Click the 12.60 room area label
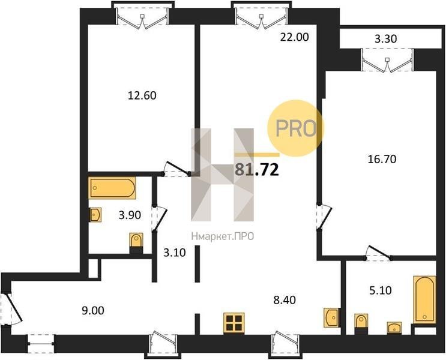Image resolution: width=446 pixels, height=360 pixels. click(142, 95)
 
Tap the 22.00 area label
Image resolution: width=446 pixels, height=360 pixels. click(294, 37)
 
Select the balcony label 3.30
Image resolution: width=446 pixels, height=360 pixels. click(386, 38)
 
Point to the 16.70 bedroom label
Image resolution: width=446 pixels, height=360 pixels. click(382, 159)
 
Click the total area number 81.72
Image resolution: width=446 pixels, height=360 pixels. click(256, 170)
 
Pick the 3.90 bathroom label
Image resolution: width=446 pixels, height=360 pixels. click(130, 215)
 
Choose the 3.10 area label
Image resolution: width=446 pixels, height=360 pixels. click(174, 253)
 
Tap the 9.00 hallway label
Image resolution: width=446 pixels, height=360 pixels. click(92, 311)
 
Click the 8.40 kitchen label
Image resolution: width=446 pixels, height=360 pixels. click(285, 300)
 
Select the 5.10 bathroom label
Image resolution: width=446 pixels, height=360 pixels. click(381, 290)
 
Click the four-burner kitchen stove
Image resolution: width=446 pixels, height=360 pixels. click(234, 323)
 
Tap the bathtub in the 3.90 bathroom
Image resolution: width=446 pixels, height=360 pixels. click(112, 188)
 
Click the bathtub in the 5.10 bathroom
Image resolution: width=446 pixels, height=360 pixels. click(424, 299)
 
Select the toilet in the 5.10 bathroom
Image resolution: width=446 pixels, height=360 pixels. click(361, 324)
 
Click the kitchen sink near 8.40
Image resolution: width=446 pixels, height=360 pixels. click(331, 317)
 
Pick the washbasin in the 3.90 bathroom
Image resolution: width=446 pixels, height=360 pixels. click(95, 214)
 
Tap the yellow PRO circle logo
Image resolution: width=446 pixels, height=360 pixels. click(296, 128)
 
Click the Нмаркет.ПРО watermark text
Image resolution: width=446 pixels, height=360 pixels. click(223, 236)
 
